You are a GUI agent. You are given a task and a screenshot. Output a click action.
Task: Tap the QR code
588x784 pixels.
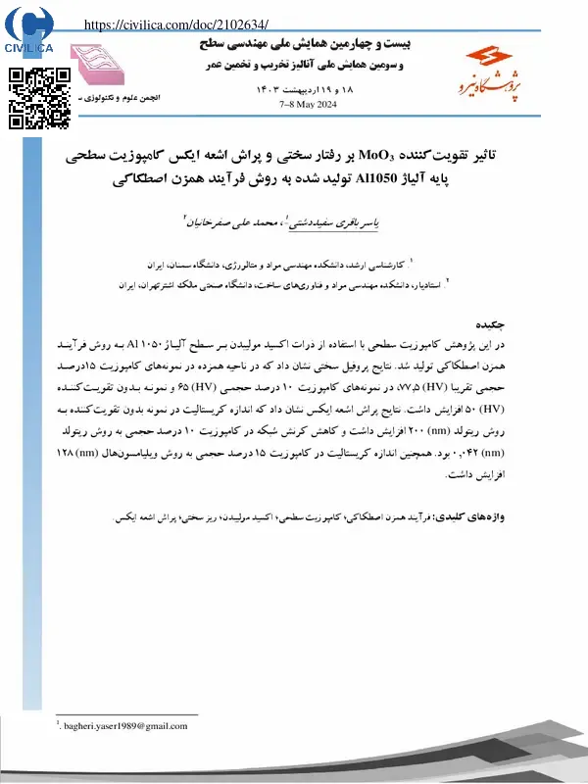coord(39,98)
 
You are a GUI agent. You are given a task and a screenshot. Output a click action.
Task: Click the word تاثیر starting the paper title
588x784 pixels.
coord(517,156)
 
